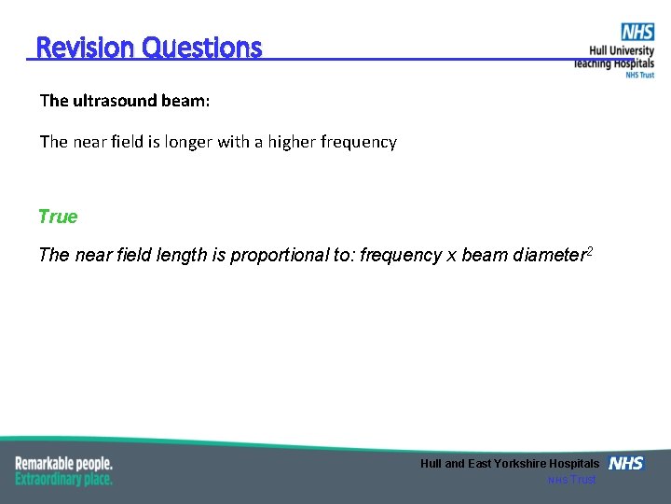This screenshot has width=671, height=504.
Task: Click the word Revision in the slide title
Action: pos(85,48)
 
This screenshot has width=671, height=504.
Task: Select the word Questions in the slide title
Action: pos(202,48)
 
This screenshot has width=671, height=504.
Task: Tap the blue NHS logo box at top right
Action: pos(637,33)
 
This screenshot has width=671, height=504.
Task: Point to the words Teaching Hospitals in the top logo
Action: pos(614,63)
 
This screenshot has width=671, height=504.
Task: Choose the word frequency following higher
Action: pos(360,143)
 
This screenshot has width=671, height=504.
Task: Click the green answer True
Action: pos(58,217)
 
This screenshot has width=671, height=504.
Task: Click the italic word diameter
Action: pos(549,256)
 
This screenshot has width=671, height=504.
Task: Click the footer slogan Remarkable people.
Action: pos(63,463)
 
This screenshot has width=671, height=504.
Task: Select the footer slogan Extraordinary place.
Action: pos(63,479)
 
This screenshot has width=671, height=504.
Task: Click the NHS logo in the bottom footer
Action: pos(625,464)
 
